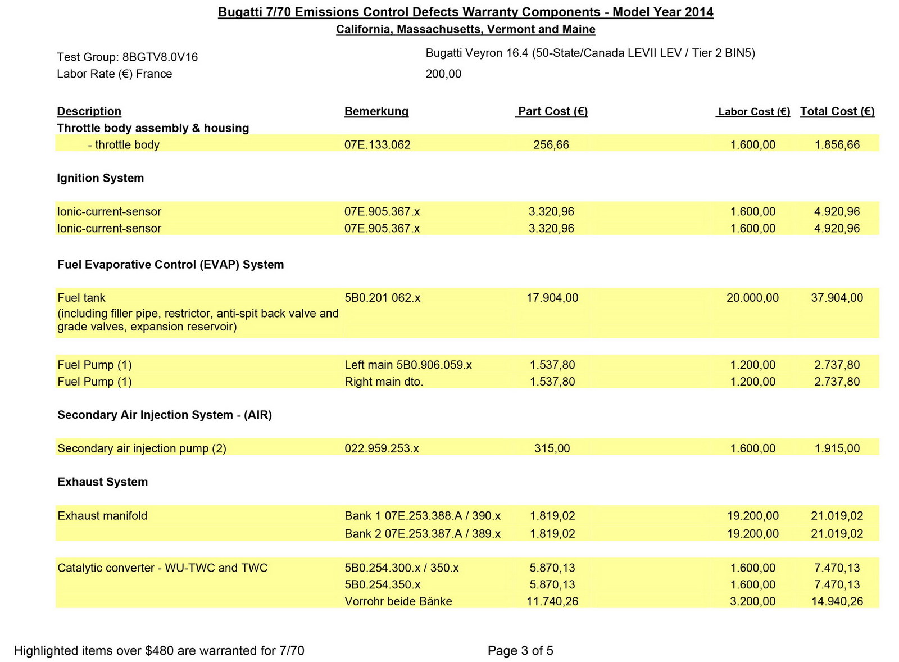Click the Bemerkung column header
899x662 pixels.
[x=376, y=111]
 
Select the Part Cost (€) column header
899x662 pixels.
[x=552, y=111]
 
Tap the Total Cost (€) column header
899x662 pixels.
[x=837, y=111]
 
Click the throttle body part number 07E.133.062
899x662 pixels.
[x=377, y=145]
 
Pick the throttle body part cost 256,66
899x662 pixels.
[x=551, y=145]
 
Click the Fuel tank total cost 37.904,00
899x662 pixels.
[x=837, y=298]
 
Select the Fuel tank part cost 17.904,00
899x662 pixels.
[x=552, y=298]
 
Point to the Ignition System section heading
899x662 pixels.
[x=101, y=178]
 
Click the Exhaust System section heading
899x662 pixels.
[x=102, y=482]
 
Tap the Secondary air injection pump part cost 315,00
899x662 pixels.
[x=552, y=448]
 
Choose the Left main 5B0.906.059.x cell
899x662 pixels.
[x=408, y=365]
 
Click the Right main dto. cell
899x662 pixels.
[x=384, y=382]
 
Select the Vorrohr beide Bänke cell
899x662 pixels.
[x=398, y=601]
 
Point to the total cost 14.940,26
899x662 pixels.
[x=837, y=601]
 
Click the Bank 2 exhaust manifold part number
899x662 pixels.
[x=423, y=533]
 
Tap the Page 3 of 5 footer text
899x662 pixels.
[x=520, y=651]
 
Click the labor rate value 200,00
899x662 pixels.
[x=443, y=74]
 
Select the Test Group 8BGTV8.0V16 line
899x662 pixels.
[x=127, y=57]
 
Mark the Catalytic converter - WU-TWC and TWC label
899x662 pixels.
[x=162, y=568]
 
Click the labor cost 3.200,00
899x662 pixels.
[x=752, y=601]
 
